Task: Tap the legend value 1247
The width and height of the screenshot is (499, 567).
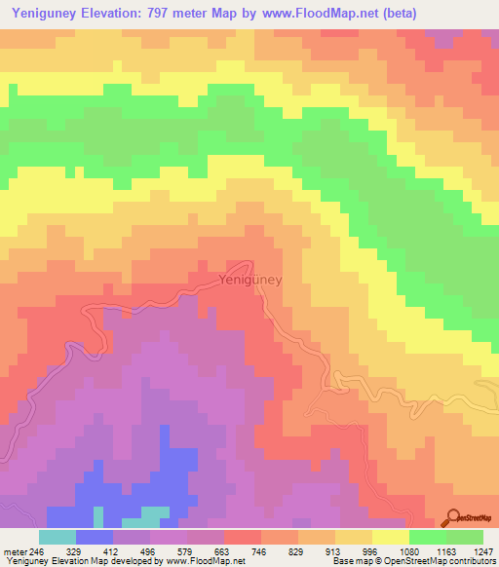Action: pos(480,551)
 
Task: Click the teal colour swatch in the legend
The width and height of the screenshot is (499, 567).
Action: pos(58,537)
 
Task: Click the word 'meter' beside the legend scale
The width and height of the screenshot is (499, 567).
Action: pos(13,551)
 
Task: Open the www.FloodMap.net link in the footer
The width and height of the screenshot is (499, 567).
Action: pos(207,562)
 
